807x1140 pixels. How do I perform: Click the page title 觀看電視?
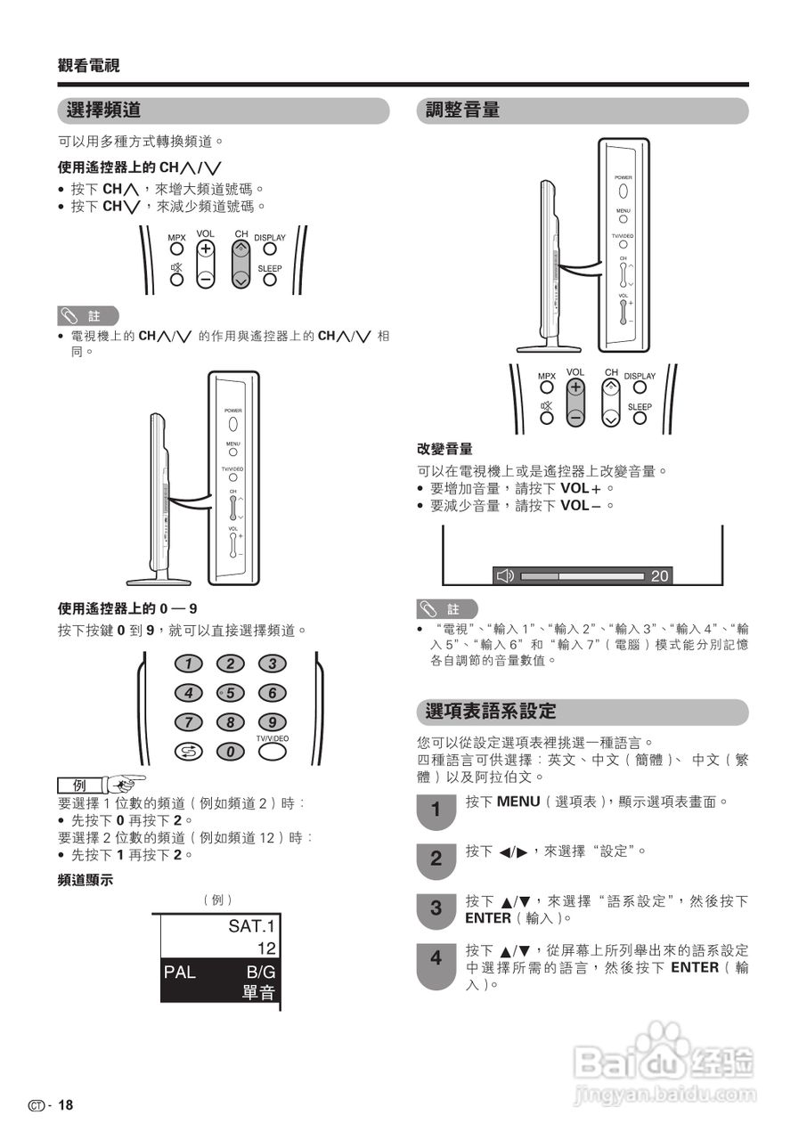pos(89,65)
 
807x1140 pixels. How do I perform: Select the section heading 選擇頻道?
pos(104,110)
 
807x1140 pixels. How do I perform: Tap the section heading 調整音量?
pos(462,110)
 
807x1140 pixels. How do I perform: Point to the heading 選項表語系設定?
pos(491,712)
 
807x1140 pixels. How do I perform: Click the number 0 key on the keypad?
pos(231,752)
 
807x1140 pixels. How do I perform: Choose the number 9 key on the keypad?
pos(273,722)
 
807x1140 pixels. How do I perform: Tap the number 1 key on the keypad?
pos(188,664)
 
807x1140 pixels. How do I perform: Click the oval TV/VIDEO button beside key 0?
pos(273,751)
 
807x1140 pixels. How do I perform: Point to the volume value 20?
pos(659,576)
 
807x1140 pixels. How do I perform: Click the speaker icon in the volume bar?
pos(505,575)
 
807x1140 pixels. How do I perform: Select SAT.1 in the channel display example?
pos(252,926)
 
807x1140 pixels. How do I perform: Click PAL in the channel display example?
pos(179,973)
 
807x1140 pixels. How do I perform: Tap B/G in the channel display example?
pos(261,973)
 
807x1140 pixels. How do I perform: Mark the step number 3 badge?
pos(436,909)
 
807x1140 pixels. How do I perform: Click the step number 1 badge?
pos(436,810)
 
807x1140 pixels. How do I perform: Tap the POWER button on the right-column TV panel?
pos(624,190)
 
